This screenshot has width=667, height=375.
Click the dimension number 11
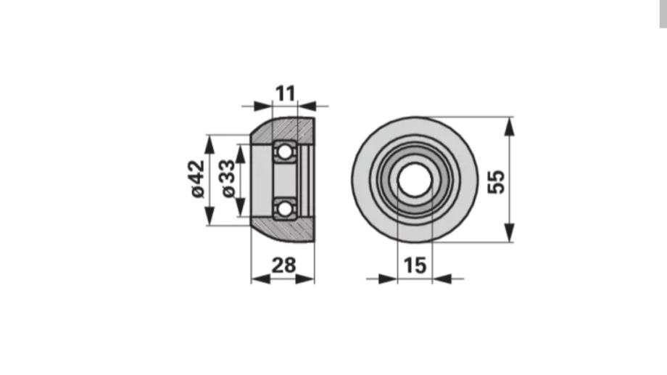coord(285,94)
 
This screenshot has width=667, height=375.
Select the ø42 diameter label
coord(198,178)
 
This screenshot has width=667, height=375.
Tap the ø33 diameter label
coord(229,178)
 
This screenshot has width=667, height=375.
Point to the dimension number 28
coord(283,265)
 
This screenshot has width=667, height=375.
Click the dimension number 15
coord(415,265)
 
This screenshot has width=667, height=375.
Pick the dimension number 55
coord(496,182)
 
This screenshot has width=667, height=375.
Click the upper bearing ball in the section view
coord(284,152)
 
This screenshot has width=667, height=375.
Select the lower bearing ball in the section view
coord(284,209)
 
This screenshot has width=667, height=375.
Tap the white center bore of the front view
coord(415,180)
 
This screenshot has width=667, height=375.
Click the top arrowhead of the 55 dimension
coord(509,126)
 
